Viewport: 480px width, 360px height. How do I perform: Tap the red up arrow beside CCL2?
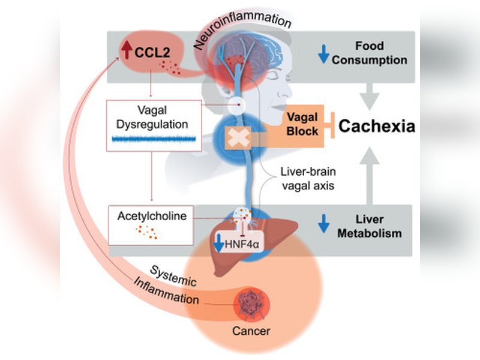click(x=126, y=48)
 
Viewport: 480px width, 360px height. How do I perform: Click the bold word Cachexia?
click(x=377, y=127)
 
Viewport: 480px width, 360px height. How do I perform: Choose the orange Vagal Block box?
click(x=302, y=124)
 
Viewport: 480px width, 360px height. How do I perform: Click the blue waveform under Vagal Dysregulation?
click(x=154, y=139)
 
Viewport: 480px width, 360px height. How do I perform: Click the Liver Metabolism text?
click(x=376, y=227)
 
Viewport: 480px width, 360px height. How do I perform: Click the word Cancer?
click(x=252, y=329)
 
